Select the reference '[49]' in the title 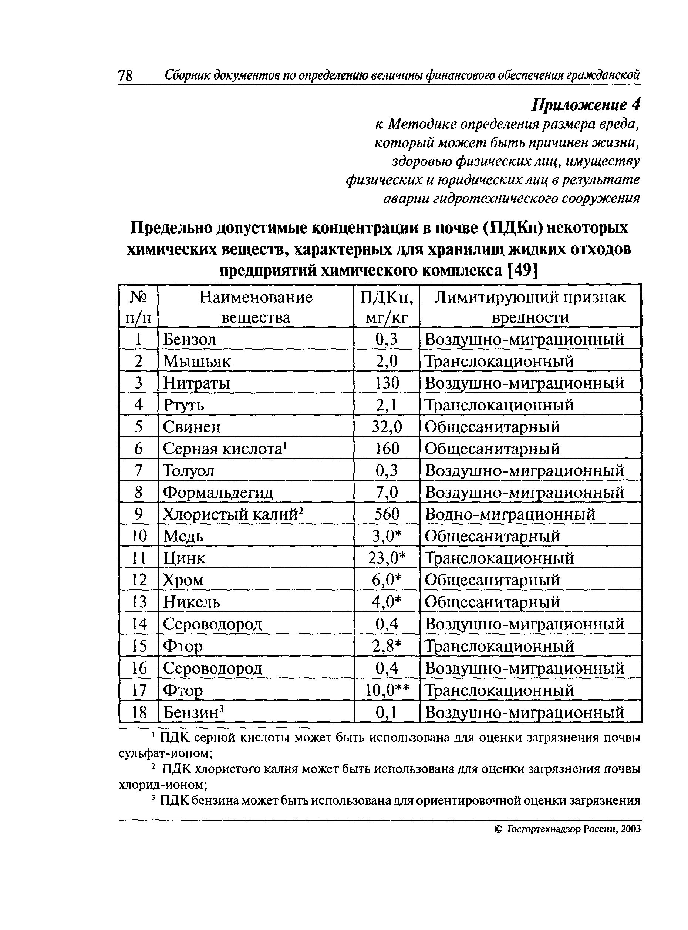523,271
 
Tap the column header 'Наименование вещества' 256,307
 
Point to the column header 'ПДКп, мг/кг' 387,307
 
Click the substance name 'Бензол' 189,339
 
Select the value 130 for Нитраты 387,383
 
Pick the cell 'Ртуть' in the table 184,405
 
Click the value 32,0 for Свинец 387,427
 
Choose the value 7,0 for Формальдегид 387,493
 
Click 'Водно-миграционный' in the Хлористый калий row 510,514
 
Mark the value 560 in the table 387,514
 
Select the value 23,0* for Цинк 387,558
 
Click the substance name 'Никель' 192,602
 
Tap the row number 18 139,712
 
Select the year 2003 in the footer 630,829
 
